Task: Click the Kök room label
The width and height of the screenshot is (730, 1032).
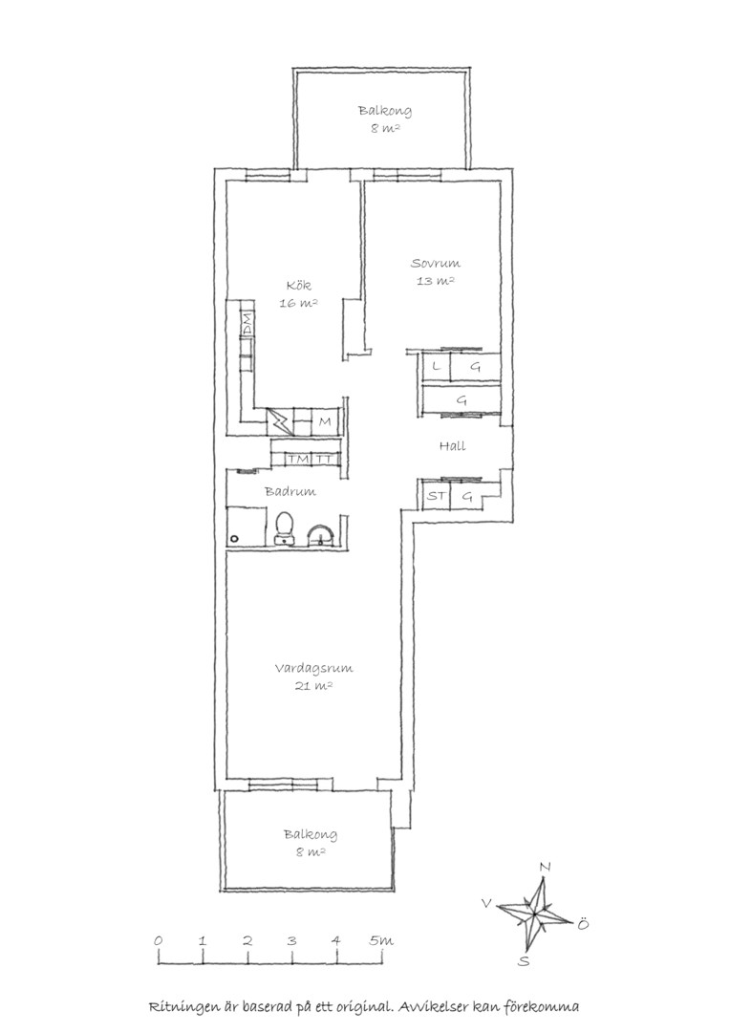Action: pyautogui.click(x=299, y=286)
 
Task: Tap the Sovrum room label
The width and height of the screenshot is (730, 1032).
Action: pyautogui.click(x=435, y=264)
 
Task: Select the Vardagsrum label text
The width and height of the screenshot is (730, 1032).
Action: pyautogui.click(x=314, y=668)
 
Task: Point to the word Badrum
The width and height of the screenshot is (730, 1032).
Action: pyautogui.click(x=290, y=491)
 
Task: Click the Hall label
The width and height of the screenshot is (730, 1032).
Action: pyautogui.click(x=452, y=445)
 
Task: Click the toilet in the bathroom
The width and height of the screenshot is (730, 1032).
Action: pyautogui.click(x=285, y=527)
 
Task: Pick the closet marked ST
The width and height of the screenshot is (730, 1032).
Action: pyautogui.click(x=436, y=496)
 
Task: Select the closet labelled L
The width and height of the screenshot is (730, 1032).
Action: pyautogui.click(x=436, y=367)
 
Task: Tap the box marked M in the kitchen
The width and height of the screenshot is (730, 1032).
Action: pyautogui.click(x=325, y=421)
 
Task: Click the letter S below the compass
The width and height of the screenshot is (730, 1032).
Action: pyautogui.click(x=524, y=960)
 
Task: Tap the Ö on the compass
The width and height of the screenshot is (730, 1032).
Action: pyautogui.click(x=582, y=925)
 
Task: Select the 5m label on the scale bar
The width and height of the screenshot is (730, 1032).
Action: pyautogui.click(x=382, y=940)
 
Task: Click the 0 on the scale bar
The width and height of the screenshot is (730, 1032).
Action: pyautogui.click(x=158, y=940)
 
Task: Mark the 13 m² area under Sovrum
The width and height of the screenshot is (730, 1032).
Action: pyautogui.click(x=436, y=281)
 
